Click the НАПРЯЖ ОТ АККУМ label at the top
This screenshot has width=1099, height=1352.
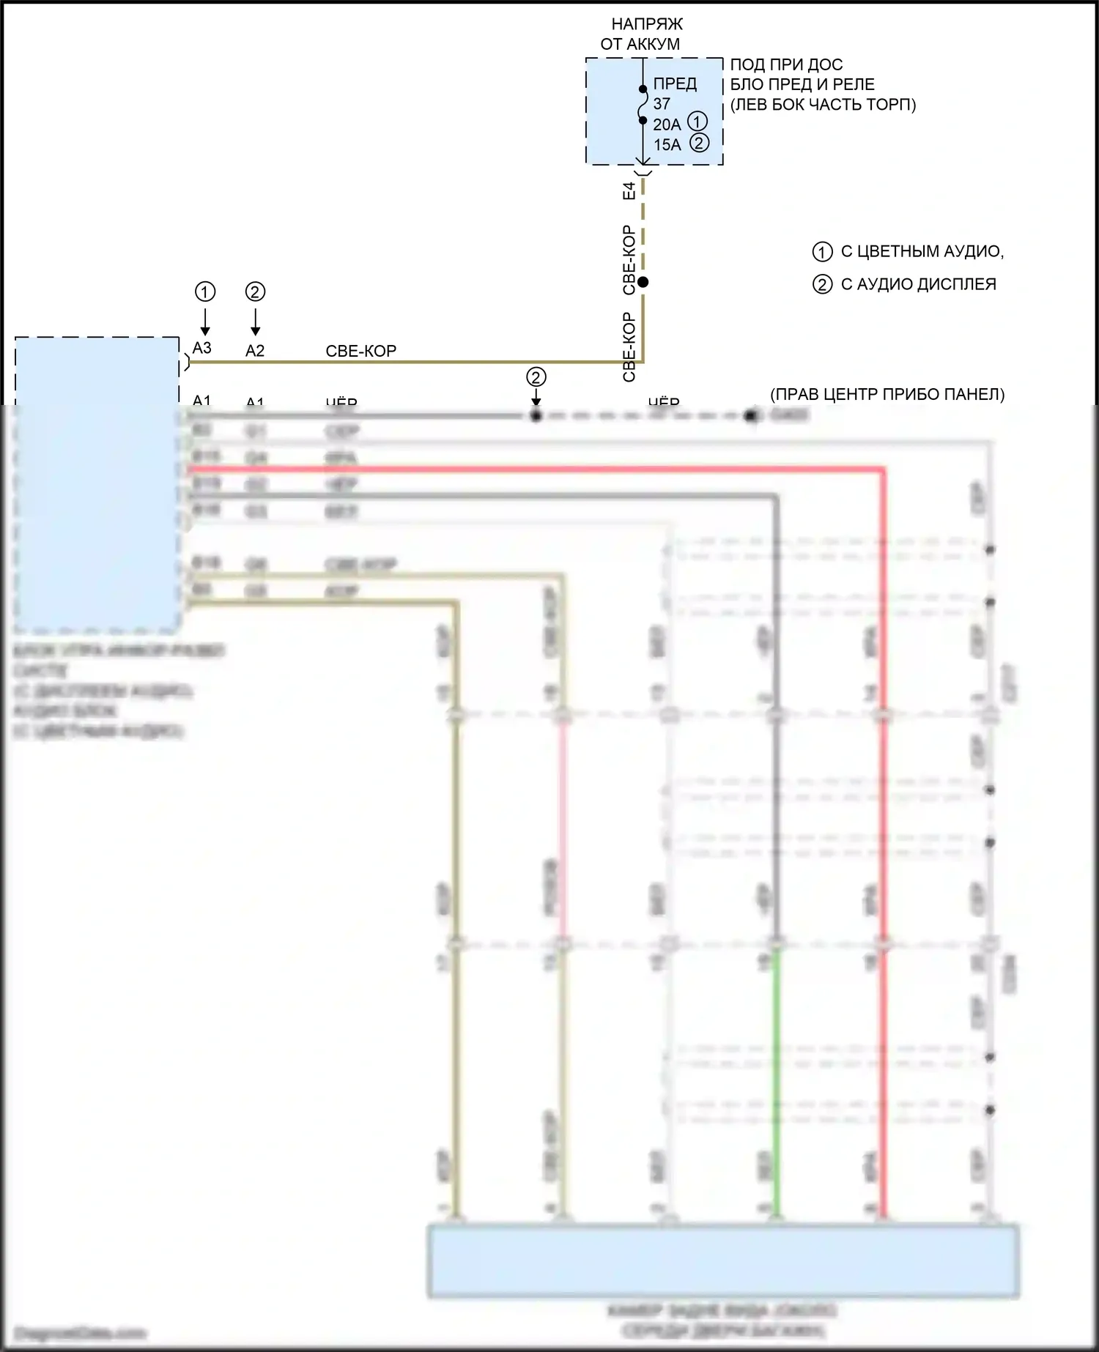pyautogui.click(x=641, y=34)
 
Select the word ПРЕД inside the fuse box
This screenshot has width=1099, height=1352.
pyautogui.click(x=675, y=83)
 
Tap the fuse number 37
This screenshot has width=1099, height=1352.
pyautogui.click(x=662, y=104)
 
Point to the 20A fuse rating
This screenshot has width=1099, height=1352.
pyautogui.click(x=667, y=125)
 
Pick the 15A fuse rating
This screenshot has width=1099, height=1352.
pyautogui.click(x=667, y=144)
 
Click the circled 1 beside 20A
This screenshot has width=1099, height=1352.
pyautogui.click(x=698, y=122)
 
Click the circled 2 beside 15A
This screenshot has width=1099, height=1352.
pyautogui.click(x=700, y=143)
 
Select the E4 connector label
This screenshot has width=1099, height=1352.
pyautogui.click(x=629, y=191)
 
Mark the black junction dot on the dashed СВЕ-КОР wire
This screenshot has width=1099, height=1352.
pyautogui.click(x=643, y=282)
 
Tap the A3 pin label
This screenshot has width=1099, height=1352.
pyautogui.click(x=201, y=348)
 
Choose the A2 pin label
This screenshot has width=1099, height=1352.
pyautogui.click(x=254, y=351)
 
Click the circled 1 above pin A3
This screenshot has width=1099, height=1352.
pyautogui.click(x=205, y=291)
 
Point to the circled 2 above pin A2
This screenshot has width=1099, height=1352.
pyautogui.click(x=255, y=291)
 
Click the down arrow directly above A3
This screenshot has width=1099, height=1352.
pyautogui.click(x=205, y=322)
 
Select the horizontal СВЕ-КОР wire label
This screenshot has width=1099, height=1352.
pyautogui.click(x=360, y=351)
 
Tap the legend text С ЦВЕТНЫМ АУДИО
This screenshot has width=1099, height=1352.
pyautogui.click(x=922, y=251)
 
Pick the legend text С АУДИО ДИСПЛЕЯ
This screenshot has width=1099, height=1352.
pyautogui.click(x=918, y=284)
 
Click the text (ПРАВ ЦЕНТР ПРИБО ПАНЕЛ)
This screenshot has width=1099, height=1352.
pyautogui.click(x=887, y=394)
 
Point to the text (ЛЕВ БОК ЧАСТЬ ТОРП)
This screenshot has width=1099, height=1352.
pyautogui.click(x=823, y=104)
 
